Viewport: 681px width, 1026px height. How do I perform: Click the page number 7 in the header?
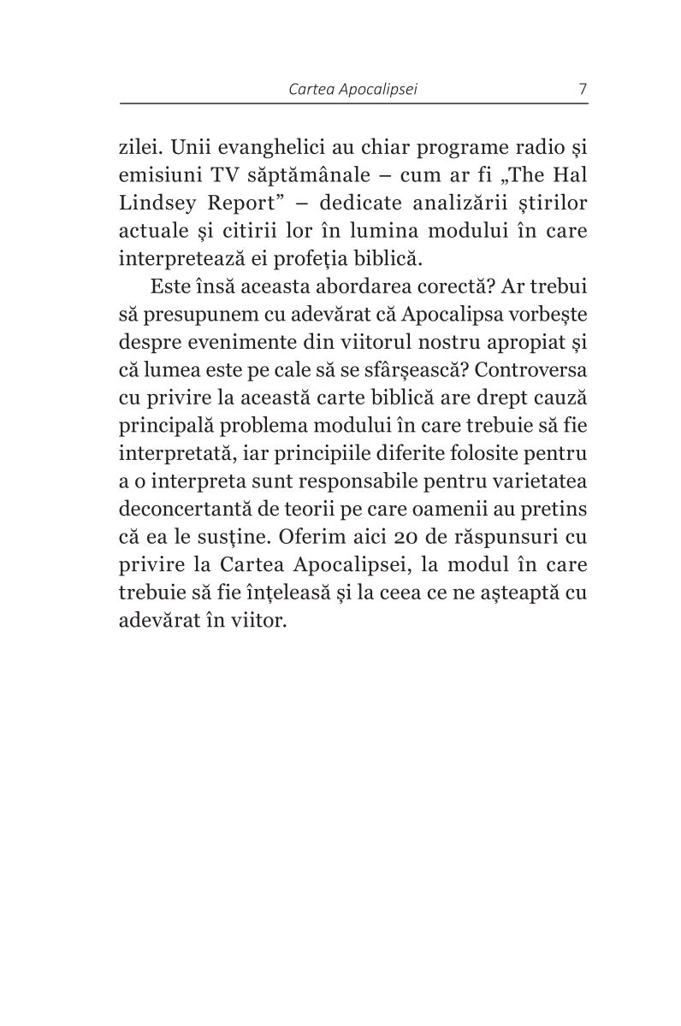pos(582,89)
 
